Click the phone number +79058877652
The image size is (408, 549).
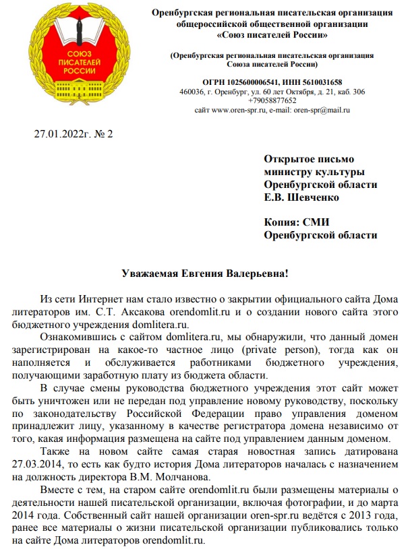point(271,100)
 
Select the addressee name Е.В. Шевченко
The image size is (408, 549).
point(301,197)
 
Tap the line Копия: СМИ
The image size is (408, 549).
point(297,222)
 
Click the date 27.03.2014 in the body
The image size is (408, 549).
point(38,465)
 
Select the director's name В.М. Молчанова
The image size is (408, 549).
point(183,477)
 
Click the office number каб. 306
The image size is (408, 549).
point(350,92)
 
